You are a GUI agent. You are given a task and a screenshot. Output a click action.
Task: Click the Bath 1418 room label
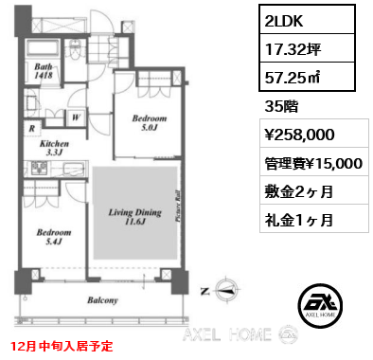(x=44, y=71)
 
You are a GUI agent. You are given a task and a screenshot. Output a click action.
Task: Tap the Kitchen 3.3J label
(x=54, y=148)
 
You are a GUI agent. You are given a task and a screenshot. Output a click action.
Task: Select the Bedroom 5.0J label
(x=150, y=123)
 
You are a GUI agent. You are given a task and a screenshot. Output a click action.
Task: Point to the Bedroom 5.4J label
(x=54, y=237)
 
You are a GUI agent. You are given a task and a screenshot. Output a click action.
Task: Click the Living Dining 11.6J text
(x=134, y=217)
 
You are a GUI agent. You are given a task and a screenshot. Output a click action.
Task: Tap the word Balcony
(x=102, y=300)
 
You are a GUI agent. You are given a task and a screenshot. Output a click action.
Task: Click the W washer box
(x=76, y=117)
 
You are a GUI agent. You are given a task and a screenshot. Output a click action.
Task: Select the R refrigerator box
(x=32, y=128)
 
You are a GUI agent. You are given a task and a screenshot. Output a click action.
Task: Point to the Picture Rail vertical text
(x=177, y=206)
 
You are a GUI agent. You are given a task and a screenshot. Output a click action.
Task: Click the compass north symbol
(x=226, y=290)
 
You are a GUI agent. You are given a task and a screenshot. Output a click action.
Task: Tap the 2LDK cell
(x=307, y=20)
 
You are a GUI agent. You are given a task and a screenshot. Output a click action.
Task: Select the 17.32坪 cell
(x=307, y=48)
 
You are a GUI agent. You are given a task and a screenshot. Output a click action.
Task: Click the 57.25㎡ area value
(x=293, y=77)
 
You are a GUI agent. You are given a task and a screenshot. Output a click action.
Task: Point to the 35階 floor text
(x=281, y=107)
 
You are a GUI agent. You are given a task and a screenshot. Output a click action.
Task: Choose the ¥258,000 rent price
(x=299, y=135)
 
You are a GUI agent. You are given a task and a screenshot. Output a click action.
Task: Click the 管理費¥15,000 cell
(x=314, y=162)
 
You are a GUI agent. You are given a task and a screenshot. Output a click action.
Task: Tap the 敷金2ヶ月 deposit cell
(x=314, y=190)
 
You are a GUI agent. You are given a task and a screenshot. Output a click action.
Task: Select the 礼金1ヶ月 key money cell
(x=314, y=219)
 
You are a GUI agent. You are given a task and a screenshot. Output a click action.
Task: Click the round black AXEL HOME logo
(x=320, y=305)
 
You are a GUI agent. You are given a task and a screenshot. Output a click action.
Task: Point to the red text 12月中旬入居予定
(x=62, y=346)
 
